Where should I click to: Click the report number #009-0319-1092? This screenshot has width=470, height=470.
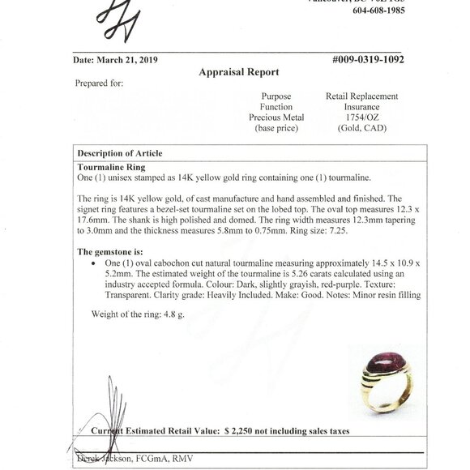[x=367, y=59]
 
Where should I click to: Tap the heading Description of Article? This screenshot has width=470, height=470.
[x=119, y=153]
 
